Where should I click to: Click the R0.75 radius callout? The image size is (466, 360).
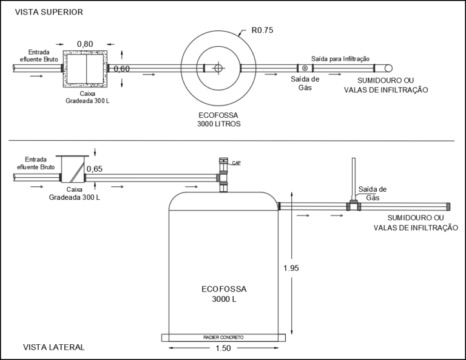[262, 30]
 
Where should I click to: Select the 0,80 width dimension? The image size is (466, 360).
[85, 44]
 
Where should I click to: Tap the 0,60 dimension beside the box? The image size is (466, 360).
[122, 69]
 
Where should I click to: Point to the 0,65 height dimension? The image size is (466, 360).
[95, 169]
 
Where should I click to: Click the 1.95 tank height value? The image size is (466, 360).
[291, 268]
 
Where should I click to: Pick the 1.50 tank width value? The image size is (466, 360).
[223, 348]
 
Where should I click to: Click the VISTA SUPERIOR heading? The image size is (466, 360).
[49, 12]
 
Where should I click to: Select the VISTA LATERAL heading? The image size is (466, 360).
[54, 347]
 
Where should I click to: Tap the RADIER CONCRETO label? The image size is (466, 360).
[223, 338]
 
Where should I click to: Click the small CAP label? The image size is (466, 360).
[236, 163]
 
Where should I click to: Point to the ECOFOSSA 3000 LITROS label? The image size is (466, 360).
[218, 120]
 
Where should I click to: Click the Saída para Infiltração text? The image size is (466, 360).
[340, 59]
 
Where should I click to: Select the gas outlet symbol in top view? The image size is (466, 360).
[305, 69]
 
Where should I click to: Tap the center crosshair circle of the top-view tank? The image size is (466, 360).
[218, 68]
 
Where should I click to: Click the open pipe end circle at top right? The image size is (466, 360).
[388, 69]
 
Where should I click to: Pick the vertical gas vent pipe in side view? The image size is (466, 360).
[354, 179]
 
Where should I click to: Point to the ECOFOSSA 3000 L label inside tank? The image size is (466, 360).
[224, 294]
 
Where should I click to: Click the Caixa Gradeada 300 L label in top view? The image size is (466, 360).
[87, 97]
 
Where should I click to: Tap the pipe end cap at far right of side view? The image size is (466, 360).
[448, 206]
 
